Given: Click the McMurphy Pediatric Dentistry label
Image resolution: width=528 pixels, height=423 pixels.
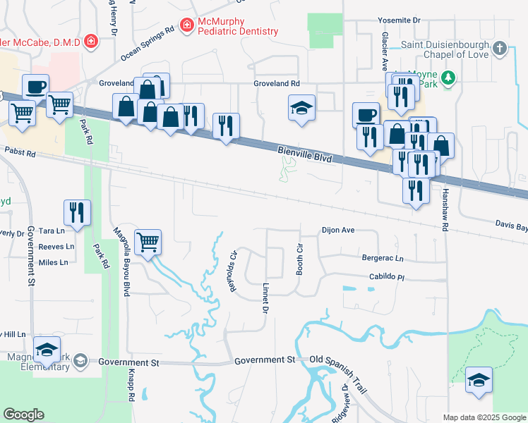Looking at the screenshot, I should coord(238,27).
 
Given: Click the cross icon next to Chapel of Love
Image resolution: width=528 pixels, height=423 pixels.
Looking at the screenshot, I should coord(500,49).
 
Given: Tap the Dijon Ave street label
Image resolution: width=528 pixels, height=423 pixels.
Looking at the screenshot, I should coord(337,230).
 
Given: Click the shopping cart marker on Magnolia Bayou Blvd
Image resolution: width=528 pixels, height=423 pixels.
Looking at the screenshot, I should coord(148,242).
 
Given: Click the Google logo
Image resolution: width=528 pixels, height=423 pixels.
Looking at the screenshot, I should coord(23,415).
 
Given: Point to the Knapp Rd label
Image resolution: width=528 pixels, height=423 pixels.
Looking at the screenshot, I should coord(131,386).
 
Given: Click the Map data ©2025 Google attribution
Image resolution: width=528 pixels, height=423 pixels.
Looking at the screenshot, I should coord(484,417).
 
